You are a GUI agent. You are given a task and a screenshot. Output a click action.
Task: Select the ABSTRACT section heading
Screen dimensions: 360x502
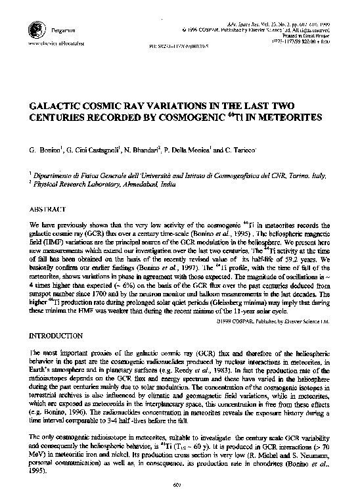click(50, 208)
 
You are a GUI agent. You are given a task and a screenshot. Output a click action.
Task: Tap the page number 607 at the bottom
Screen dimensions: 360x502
click(179, 486)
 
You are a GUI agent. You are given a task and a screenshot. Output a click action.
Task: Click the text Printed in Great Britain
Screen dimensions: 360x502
click(309, 37)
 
